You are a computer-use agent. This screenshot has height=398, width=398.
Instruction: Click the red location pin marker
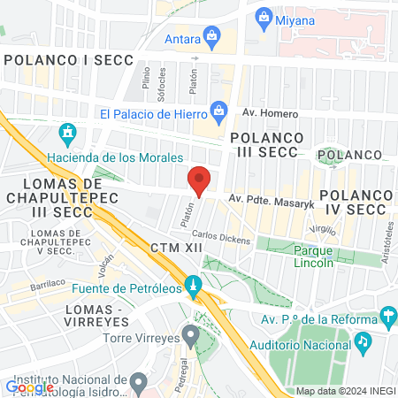[x=199, y=180]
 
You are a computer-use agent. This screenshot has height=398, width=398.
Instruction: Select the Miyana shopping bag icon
[x=264, y=16]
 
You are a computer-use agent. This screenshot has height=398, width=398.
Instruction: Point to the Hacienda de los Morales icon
[x=67, y=134]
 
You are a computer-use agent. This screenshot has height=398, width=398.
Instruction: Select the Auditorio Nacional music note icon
[x=363, y=339]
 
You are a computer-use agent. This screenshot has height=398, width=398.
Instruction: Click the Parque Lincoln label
[x=314, y=255]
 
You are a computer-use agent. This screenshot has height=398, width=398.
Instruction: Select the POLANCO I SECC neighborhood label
[x=68, y=59]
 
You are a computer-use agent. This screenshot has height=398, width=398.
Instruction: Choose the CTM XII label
[x=177, y=248]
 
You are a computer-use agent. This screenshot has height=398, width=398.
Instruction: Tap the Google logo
[x=29, y=387]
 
